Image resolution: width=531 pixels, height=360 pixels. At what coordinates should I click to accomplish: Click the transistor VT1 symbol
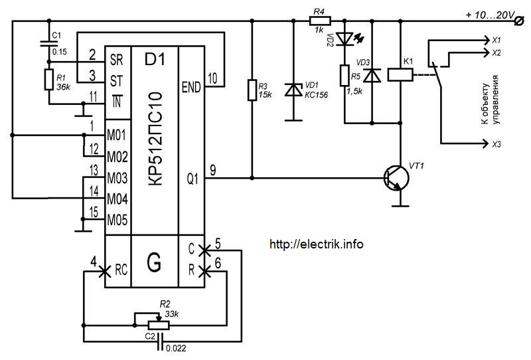pos(396,178)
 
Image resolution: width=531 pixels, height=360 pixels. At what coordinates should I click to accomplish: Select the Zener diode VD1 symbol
pos(293,90)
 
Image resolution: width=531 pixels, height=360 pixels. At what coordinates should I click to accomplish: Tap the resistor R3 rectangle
pos(252,90)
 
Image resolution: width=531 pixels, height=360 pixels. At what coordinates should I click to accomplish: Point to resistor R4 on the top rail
pos(320,21)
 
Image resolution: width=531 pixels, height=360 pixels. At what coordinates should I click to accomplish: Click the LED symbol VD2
pos(346,39)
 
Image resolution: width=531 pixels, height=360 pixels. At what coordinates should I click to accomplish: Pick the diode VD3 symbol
pos(372,75)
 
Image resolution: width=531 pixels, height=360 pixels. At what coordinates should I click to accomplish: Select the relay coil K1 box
pos(400,74)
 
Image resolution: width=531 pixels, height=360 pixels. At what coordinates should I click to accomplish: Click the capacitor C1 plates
pos(48,43)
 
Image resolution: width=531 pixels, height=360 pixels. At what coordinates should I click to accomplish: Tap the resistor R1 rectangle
pos(48,80)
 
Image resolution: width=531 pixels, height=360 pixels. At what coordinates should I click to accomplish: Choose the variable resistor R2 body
pos(159,325)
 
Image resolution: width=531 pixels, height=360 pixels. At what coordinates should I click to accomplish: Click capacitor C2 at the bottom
pos(161,341)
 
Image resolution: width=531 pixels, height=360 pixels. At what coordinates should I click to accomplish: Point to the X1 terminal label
pos(496,41)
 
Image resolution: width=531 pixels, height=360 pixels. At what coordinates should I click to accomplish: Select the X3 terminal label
pos(496,144)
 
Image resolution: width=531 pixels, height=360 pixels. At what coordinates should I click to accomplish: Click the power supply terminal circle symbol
pos(518,21)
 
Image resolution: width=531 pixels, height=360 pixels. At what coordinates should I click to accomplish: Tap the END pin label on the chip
pos(191,88)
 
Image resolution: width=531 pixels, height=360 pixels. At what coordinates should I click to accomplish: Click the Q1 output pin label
pos(192,178)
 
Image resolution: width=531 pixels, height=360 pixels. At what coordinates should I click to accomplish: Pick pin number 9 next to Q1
pos(212,170)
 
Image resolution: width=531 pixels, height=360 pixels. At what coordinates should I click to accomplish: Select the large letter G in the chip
pos(155,262)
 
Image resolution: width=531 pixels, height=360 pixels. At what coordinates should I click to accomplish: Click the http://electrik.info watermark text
pos(317,244)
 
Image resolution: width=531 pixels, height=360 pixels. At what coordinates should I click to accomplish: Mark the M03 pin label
pos(117,178)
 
